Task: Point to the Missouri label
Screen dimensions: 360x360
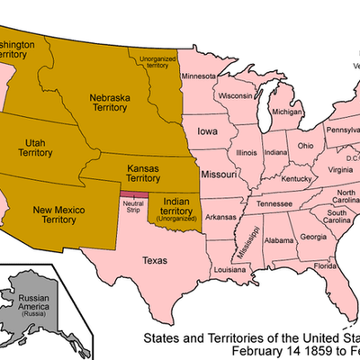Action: point(219,172)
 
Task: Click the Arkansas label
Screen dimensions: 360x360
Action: point(220,217)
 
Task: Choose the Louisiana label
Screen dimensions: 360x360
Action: point(230,269)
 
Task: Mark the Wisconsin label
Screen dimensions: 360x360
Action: point(234,95)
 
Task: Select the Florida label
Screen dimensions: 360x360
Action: point(325,266)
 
